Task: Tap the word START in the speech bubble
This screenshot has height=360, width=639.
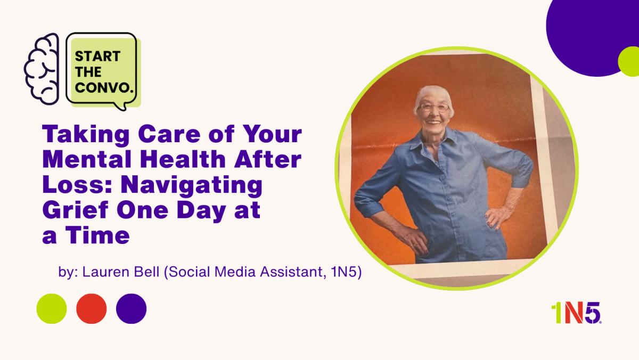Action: [97, 56]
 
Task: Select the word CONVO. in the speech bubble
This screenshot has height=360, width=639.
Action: [104, 87]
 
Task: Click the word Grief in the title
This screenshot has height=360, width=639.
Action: [76, 210]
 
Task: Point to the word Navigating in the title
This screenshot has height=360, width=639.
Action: [191, 186]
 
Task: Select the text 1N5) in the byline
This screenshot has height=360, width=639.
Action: [346, 272]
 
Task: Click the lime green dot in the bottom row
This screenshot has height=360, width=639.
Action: [52, 309]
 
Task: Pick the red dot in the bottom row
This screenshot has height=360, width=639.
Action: [91, 309]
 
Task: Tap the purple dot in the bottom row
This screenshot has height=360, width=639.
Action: [131, 309]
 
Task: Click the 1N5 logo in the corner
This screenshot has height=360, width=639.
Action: [576, 313]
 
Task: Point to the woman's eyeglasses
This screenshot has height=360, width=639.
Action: [434, 108]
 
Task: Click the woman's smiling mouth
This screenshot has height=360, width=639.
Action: [434, 122]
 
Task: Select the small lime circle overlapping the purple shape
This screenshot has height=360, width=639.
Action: [629, 61]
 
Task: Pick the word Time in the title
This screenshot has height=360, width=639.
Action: [97, 235]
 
